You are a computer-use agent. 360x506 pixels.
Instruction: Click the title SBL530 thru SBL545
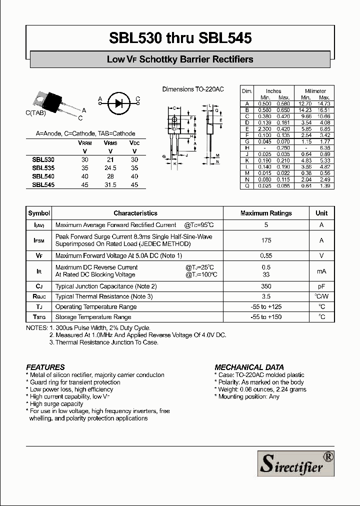[x=180, y=38]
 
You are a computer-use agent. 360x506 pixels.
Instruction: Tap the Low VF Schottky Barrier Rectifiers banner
[x=180, y=59]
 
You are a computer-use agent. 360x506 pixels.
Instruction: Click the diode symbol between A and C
[x=118, y=103]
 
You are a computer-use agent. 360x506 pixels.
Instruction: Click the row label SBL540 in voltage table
[x=43, y=176]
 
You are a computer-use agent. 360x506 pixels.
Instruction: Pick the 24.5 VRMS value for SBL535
[x=110, y=168]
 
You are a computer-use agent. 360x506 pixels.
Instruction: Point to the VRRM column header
[x=84, y=142]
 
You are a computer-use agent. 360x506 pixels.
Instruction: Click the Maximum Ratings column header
[x=266, y=213]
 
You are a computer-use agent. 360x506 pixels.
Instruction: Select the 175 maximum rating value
[x=266, y=240]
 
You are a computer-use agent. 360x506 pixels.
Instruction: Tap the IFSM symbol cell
[x=39, y=240]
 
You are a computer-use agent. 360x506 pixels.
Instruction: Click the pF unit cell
[x=321, y=286]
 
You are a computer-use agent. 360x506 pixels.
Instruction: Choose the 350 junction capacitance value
[x=266, y=286]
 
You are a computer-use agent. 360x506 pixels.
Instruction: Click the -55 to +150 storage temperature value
[x=266, y=317]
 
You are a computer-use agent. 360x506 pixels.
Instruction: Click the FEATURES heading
[x=45, y=367]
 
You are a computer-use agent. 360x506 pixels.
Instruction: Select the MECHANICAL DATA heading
[x=249, y=367]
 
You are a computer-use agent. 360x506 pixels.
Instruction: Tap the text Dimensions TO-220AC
[x=193, y=89]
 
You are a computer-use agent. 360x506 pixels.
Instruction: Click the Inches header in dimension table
[x=273, y=91]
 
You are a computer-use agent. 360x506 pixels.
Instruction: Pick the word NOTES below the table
[x=36, y=328]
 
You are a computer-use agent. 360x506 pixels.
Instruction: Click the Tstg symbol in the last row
[x=39, y=317]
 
